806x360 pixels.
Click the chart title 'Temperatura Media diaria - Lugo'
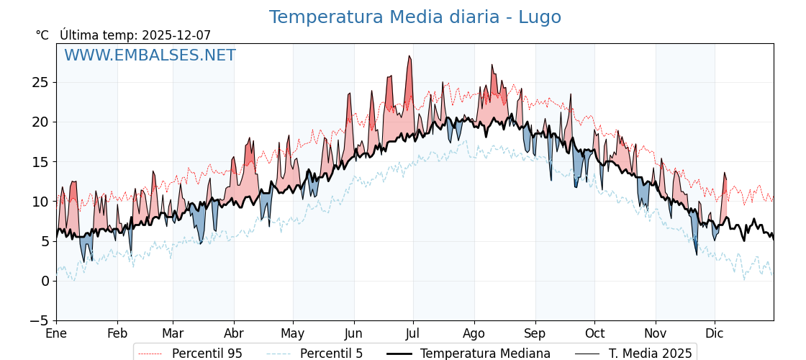(x=415, y=17)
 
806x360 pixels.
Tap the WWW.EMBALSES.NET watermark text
(x=150, y=55)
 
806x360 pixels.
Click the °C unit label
(x=42, y=35)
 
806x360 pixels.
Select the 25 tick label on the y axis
(x=40, y=82)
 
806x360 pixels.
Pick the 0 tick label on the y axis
(x=45, y=281)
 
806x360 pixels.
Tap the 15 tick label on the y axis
(x=40, y=162)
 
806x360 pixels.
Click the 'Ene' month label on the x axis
(x=56, y=334)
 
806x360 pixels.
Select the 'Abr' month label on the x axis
(x=234, y=334)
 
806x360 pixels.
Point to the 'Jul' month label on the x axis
(x=413, y=334)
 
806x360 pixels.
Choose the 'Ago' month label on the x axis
(x=474, y=334)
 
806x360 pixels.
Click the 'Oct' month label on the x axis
(x=594, y=334)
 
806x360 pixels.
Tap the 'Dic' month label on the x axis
(x=715, y=334)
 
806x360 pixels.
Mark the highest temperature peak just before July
(x=409, y=56)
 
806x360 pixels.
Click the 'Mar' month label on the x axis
(x=173, y=334)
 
